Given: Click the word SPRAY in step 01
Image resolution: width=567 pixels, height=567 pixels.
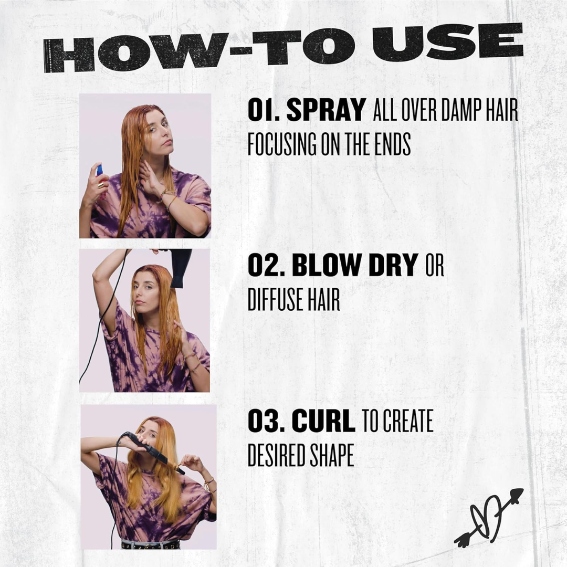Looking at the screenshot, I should point(325,111).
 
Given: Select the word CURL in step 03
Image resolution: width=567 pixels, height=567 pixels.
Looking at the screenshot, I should point(323,422).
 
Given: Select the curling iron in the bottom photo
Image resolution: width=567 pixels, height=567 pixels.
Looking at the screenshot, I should point(152,451).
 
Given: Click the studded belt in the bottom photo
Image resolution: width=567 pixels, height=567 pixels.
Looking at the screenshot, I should point(150,544).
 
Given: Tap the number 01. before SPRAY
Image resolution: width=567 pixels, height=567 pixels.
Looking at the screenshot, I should point(264,111).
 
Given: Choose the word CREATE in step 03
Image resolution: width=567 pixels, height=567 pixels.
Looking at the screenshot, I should point(408,422).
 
